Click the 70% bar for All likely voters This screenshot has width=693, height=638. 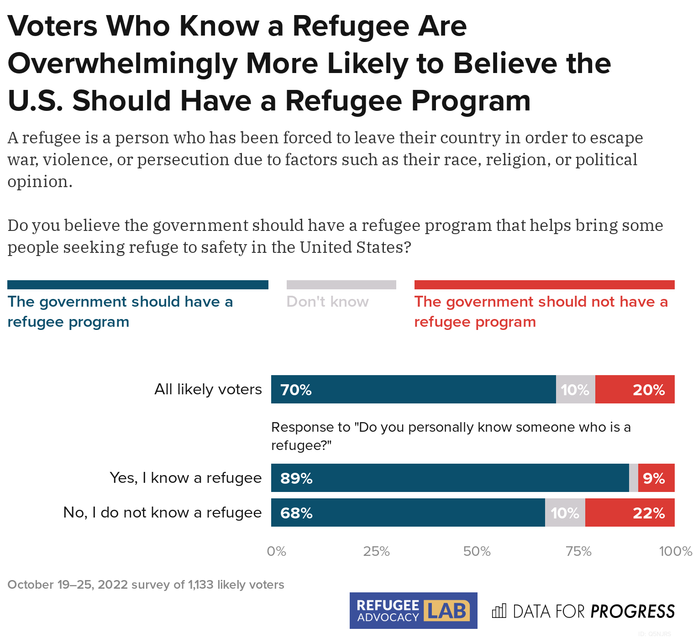[413, 389]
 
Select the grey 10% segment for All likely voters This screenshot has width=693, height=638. [575, 389]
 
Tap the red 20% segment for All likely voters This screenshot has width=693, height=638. [635, 389]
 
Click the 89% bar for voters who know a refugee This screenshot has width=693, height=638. [450, 478]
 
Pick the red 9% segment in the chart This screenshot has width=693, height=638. [656, 478]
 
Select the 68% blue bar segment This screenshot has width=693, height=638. [408, 512]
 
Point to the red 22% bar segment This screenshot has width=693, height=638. [630, 512]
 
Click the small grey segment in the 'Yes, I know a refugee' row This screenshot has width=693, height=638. [633, 478]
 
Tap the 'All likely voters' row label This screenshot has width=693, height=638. [208, 389]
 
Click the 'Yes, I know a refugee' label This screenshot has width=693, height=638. [186, 478]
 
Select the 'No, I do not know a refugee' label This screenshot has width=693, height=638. [163, 512]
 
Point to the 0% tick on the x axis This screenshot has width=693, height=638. [276, 551]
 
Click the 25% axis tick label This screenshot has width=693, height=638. [376, 551]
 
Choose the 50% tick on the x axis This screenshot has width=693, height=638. [477, 551]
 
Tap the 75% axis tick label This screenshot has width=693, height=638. [578, 551]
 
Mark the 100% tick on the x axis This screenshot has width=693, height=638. [675, 551]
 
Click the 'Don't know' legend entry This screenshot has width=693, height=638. [328, 302]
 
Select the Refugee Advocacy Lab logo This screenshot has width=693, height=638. [413, 611]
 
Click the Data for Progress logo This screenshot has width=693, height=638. [583, 611]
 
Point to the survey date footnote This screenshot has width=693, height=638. [146, 585]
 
